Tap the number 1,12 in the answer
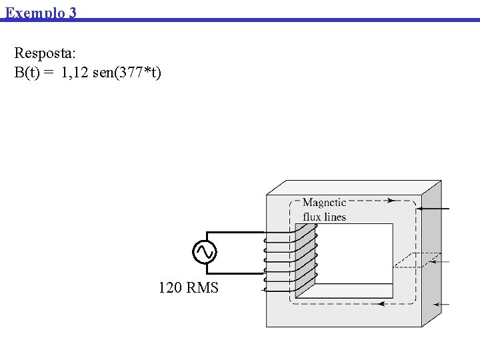pos(75,73)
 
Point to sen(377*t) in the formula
pos(127,73)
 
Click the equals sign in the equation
pos(49,73)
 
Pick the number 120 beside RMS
pos(170,288)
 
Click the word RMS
pos(203,288)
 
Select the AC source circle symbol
pos(204,252)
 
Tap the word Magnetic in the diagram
pos(325,203)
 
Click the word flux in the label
pos(312,217)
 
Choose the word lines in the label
pos(335,217)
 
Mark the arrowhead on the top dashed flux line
pos(390,199)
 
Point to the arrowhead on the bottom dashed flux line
pos(381,303)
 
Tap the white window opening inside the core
pos(353,253)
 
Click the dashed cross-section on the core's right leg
pos(417,260)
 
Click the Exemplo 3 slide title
pos(41,12)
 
